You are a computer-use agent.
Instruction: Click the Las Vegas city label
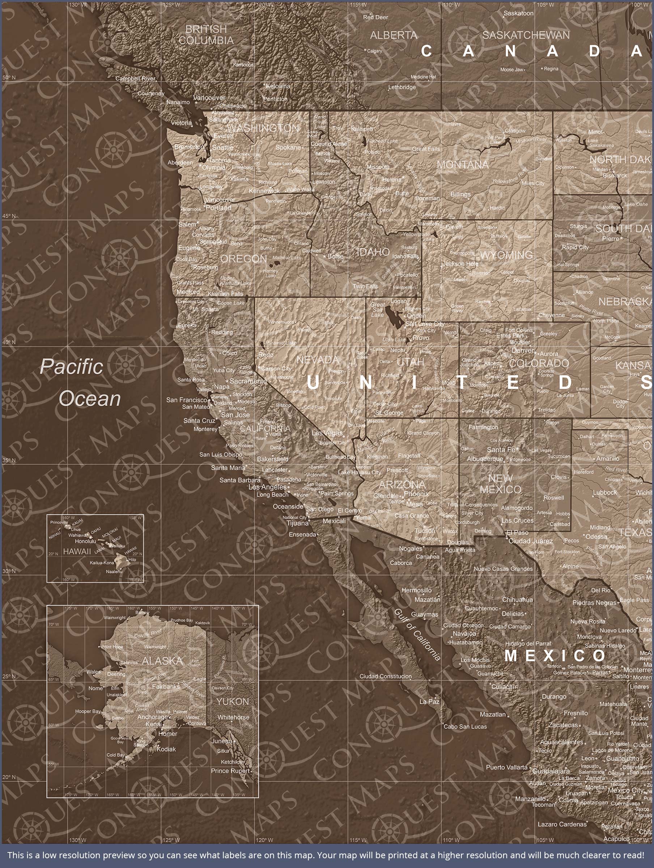point(327,433)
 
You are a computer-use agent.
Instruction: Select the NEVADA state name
point(317,359)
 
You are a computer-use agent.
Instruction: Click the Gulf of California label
point(417,634)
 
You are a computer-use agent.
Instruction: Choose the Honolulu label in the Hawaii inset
point(85,541)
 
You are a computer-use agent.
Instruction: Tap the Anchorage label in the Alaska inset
point(152,716)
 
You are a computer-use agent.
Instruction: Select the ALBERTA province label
point(393,35)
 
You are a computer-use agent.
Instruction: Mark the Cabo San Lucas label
point(465,726)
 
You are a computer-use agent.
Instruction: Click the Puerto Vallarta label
point(506,767)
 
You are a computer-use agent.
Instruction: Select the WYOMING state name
point(506,255)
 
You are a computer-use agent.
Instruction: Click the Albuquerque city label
point(484,459)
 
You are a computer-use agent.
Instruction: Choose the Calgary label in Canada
point(374,51)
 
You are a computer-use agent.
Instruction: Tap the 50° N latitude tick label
point(9,77)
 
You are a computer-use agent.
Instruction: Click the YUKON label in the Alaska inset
point(232,702)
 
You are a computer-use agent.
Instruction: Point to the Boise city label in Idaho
point(335,256)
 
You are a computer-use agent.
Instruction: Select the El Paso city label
point(517,532)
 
